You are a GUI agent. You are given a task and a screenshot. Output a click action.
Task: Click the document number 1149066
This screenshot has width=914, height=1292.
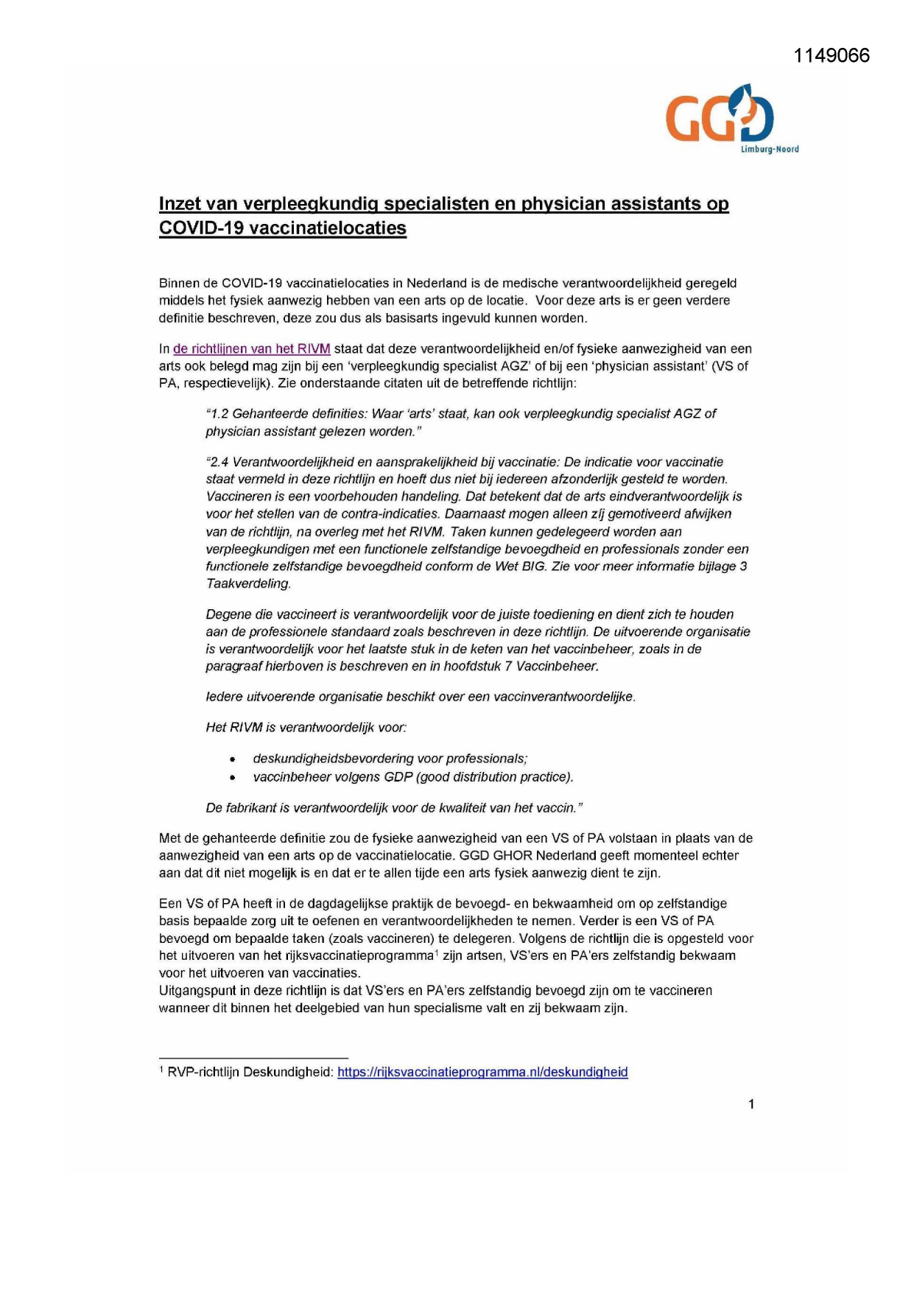tap(832, 56)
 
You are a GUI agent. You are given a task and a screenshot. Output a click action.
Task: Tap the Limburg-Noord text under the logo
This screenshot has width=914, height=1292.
tap(769, 150)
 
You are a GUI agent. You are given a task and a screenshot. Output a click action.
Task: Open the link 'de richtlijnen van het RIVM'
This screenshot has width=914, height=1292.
tap(251, 349)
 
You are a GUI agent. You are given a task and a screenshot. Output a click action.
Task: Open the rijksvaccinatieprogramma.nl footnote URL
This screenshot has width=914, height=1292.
tap(482, 1072)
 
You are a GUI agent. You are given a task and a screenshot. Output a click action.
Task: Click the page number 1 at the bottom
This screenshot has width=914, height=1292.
tap(751, 1104)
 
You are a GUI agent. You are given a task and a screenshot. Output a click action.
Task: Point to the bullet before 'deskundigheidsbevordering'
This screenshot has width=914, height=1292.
tap(233, 759)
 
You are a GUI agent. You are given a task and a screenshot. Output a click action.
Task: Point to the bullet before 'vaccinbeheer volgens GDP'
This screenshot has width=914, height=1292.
tap(233, 778)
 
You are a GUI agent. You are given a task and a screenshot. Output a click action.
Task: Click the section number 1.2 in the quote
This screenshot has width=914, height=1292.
tap(219, 414)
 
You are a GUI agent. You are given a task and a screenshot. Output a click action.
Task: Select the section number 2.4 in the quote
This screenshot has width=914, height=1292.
tap(219, 463)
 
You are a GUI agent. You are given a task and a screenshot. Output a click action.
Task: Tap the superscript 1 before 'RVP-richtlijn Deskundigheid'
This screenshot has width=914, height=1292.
tap(161, 1070)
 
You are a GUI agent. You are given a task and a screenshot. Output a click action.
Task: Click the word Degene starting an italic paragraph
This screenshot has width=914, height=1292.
tap(228, 614)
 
